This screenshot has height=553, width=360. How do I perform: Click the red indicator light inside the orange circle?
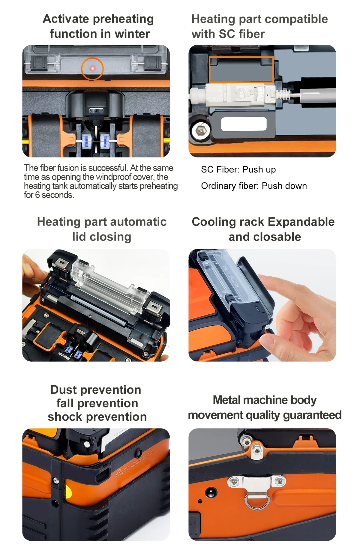(x=92, y=69)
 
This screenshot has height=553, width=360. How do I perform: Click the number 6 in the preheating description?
(x=37, y=195)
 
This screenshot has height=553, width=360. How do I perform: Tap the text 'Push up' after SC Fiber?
(x=259, y=170)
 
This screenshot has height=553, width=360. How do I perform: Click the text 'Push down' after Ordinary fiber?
(x=284, y=186)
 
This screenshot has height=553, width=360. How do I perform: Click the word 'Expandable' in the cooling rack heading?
(x=301, y=222)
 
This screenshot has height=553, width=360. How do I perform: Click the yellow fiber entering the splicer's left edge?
(x=26, y=140)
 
